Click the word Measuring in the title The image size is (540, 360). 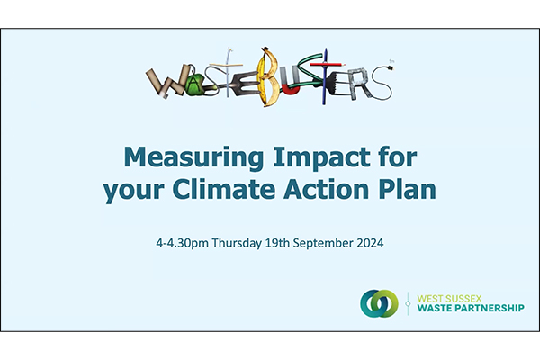point(193,158)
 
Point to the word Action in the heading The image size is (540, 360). point(327,190)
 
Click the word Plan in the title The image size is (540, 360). point(408,190)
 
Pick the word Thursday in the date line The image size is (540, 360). point(237,243)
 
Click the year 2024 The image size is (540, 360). point(370,243)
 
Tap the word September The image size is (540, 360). point(323,244)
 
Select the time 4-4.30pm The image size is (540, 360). point(182,244)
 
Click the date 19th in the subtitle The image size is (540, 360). point(277,243)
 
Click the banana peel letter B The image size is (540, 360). point(268,76)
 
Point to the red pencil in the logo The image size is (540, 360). point(328,64)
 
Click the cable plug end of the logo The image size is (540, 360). point(391,65)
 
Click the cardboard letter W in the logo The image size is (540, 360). point(166,82)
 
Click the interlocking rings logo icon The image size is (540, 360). point(379,303)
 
